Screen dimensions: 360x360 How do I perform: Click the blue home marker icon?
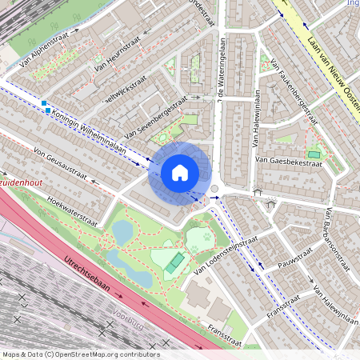(180, 172)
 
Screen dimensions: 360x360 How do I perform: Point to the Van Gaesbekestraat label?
(288, 162)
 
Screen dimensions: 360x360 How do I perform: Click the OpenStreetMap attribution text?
(80, 354)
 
